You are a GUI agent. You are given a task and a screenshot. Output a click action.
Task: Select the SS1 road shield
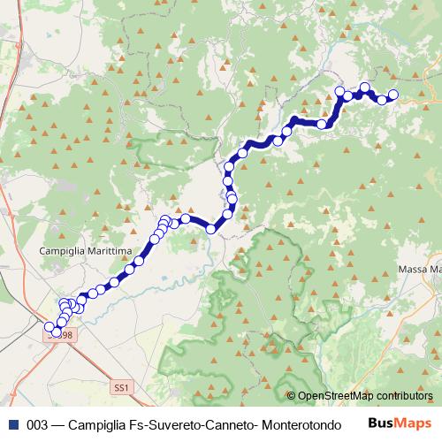121,387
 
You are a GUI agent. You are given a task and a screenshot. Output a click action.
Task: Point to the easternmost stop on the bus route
393,95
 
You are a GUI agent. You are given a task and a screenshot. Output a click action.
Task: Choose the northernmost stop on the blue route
364,87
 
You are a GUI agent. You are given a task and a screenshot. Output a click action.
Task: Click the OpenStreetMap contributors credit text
365,395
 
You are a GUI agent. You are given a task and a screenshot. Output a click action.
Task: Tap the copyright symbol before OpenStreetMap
292,395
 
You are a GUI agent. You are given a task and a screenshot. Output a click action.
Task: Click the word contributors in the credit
402,395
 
